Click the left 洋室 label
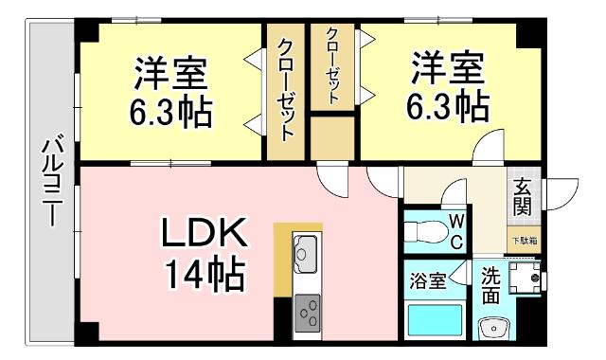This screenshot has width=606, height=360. click(x=170, y=73)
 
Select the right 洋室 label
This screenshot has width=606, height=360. click(x=447, y=68)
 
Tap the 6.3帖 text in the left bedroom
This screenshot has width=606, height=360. click(x=170, y=112)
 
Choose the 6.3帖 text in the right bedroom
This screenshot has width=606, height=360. click(x=447, y=106)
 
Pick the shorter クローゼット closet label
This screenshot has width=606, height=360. click(x=333, y=67)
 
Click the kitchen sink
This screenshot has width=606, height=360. click(x=308, y=251)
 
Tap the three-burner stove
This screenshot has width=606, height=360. click(x=309, y=310)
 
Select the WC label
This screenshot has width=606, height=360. click(x=455, y=230)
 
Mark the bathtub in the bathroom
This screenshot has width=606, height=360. click(x=433, y=320)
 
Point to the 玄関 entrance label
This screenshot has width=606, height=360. click(x=522, y=197)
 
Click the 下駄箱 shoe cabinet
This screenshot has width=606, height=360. click(x=525, y=241)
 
